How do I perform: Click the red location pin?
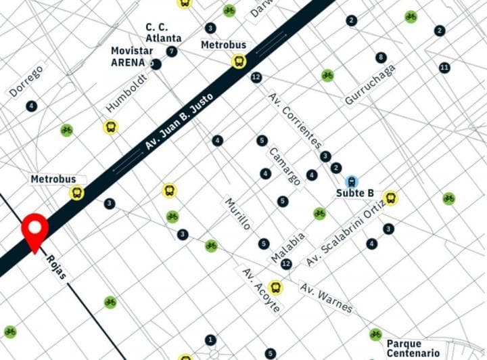click(34, 229)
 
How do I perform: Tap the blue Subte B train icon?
click(351, 181)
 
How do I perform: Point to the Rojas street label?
click(56, 269)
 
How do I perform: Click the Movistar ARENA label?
click(129, 57)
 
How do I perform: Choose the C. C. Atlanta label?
click(163, 33)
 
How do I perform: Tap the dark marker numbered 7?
click(172, 51)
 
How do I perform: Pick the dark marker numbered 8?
click(381, 58)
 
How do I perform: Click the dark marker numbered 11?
click(444, 68)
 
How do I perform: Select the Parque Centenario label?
click(413, 348)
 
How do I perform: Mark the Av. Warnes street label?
click(326, 298)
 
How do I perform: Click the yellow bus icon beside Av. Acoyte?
click(275, 288)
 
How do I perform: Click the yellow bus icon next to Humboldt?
click(110, 127)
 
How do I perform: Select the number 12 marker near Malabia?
click(286, 264)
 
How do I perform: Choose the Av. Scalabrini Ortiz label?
click(345, 234)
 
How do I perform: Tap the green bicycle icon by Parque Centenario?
click(375, 334)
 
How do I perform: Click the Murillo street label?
click(237, 214)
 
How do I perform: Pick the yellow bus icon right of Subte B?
click(390, 198)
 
